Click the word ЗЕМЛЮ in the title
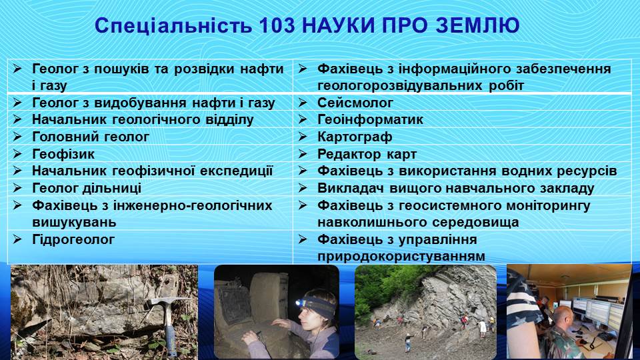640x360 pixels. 477,25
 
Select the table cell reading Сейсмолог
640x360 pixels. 355,103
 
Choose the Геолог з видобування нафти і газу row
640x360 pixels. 153,103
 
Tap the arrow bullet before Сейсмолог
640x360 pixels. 302,103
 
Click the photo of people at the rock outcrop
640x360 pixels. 425,311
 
